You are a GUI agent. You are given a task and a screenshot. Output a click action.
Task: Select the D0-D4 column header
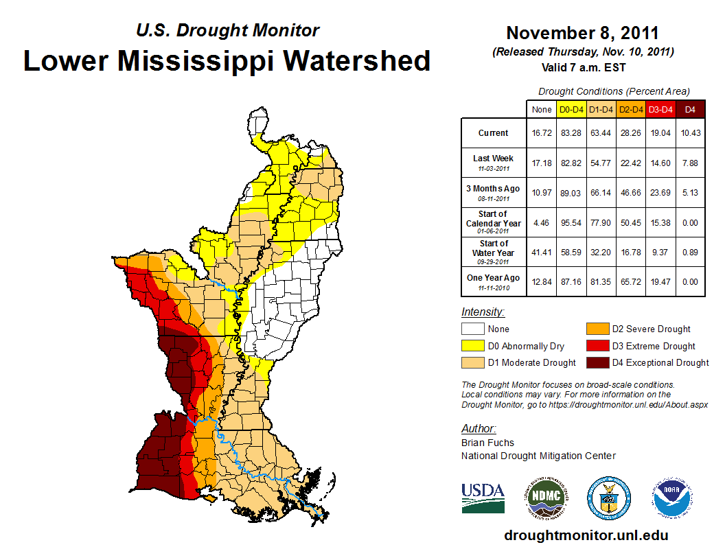click(572, 109)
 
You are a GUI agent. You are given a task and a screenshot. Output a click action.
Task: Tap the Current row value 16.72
click(541, 133)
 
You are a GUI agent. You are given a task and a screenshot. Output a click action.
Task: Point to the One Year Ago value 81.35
click(601, 282)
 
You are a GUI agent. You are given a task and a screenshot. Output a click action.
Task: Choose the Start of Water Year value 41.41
click(541, 252)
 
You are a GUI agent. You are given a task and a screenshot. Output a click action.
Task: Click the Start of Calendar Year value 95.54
click(572, 222)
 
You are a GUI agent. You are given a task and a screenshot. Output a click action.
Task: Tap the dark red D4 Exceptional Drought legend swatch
click(597, 362)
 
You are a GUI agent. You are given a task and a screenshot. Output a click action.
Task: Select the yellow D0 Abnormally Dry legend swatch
click(472, 346)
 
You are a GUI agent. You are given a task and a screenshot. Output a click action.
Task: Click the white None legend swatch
click(472, 329)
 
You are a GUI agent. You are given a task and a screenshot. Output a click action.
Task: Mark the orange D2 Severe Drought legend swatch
click(597, 329)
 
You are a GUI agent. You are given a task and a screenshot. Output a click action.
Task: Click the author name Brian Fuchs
click(487, 443)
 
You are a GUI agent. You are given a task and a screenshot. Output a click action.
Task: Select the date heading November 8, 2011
click(582, 33)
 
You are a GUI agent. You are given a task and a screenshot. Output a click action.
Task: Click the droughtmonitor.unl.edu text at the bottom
click(586, 535)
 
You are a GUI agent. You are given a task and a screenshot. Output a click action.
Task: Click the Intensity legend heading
click(483, 312)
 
